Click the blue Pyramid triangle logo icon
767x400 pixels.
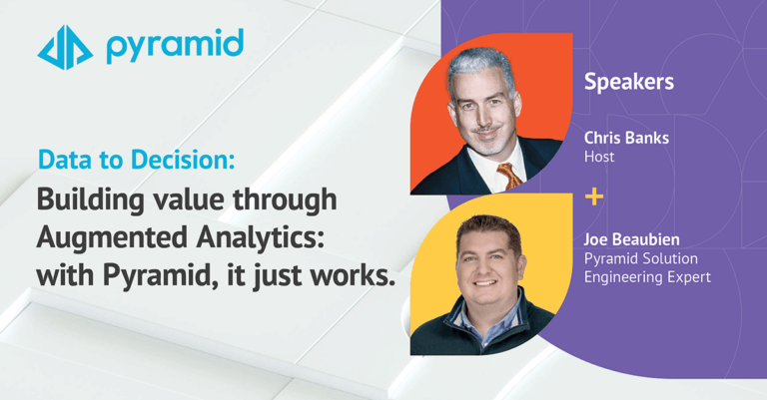point(65,47)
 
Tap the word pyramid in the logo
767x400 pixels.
point(175,47)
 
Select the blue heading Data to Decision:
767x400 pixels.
point(137,161)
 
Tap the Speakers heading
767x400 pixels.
point(629,82)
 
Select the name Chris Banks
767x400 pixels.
point(626,139)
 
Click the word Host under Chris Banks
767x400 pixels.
point(599,157)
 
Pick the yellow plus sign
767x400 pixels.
point(594,197)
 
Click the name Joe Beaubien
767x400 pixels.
point(632,239)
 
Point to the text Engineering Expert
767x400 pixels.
point(647,277)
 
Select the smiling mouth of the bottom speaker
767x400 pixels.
point(485,283)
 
